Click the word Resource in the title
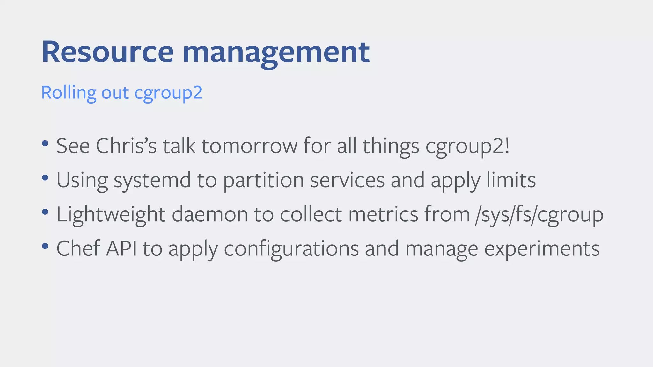click(x=107, y=52)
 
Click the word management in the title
click(x=276, y=53)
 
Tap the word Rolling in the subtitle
click(x=69, y=93)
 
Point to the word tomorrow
click(x=249, y=146)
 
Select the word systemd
click(x=152, y=181)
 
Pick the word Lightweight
click(x=111, y=214)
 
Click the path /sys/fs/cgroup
click(x=539, y=215)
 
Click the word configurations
click(x=291, y=249)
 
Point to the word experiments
click(x=542, y=249)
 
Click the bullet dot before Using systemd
click(x=45, y=178)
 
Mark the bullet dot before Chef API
click(x=45, y=246)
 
